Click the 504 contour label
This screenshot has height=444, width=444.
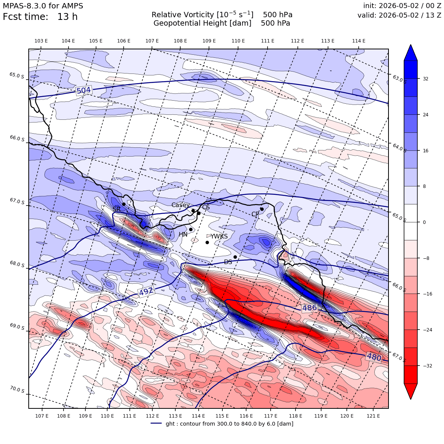[x=83, y=90]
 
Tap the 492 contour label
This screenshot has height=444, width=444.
[x=146, y=291]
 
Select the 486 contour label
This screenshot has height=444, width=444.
[x=310, y=308]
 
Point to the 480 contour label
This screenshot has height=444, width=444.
[x=374, y=357]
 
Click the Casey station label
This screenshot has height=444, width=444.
[x=180, y=205]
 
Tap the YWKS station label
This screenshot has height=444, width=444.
[x=219, y=236]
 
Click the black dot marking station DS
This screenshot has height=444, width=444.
[x=235, y=257]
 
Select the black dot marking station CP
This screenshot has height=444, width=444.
[x=262, y=209]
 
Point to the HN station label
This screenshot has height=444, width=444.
[x=183, y=235]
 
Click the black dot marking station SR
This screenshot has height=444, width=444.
[x=124, y=204]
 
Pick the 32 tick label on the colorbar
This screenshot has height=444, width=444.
[x=425, y=79]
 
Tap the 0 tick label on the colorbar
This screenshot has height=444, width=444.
[x=424, y=222]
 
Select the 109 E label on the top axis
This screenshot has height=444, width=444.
[x=209, y=41]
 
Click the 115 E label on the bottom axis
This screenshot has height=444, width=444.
[x=222, y=416]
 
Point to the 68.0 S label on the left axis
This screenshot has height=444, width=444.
[x=17, y=264]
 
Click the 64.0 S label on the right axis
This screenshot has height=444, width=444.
[x=399, y=148]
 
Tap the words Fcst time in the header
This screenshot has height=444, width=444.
[x=25, y=17]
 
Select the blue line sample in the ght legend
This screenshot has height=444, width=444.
[x=156, y=423]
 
